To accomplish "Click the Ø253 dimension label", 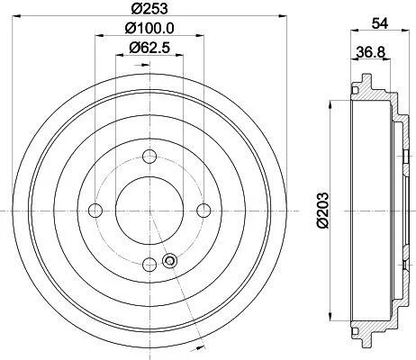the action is pyautogui.click(x=149, y=8).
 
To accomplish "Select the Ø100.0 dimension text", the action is pyautogui.click(x=149, y=29).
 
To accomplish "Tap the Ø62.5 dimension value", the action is pyautogui.click(x=149, y=48).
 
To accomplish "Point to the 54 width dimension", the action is pyautogui.click(x=380, y=23).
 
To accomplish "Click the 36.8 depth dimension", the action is pyautogui.click(x=370, y=52).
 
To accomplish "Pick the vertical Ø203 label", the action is pyautogui.click(x=322, y=211).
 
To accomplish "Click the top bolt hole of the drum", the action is pyautogui.click(x=149, y=156).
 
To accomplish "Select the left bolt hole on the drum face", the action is pyautogui.click(x=95, y=211).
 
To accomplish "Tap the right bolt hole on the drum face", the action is pyautogui.click(x=203, y=211).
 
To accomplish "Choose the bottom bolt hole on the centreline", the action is pyautogui.click(x=149, y=265).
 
